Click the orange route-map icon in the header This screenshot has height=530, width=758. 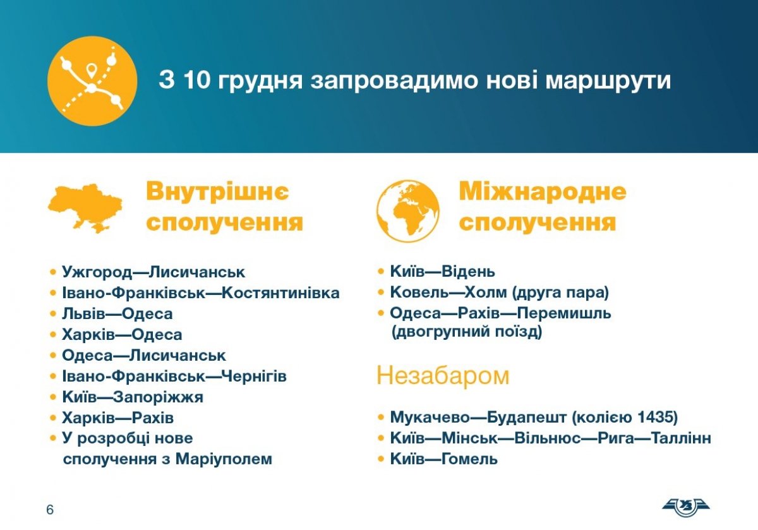point(92,81)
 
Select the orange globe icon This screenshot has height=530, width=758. point(408,211)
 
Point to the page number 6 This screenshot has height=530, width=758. point(50,510)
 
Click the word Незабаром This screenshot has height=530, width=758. point(443,376)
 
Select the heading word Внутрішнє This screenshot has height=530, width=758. point(217,191)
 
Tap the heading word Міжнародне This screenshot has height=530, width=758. point(543,191)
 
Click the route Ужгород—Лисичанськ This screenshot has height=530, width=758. point(153,272)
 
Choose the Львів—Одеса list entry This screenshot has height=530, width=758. point(117,314)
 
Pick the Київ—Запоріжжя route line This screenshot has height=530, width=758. point(133,397)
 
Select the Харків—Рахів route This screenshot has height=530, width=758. point(117,418)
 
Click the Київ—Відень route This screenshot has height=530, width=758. point(443,272)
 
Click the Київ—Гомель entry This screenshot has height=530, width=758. point(444,459)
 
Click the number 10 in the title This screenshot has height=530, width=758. point(197,80)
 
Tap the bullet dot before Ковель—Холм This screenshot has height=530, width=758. point(381,292)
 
